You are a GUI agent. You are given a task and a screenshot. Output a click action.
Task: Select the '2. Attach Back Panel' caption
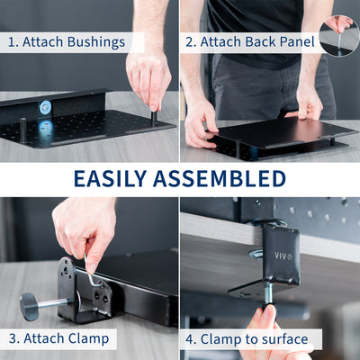coord(249,42)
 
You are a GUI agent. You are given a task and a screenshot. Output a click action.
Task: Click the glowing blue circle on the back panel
coord(45,107)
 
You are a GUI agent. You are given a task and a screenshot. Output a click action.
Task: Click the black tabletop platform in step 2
coord(270,135)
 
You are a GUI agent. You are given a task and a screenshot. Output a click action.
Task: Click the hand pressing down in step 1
coord(148,76)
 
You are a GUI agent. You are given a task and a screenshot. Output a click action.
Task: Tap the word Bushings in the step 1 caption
coord(97,42)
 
